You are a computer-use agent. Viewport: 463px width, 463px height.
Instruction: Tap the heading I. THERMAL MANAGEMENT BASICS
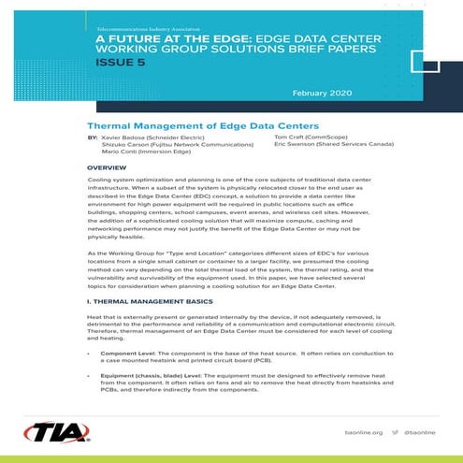coord(152,302)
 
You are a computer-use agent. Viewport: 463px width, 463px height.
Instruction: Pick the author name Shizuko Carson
coord(122,145)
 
